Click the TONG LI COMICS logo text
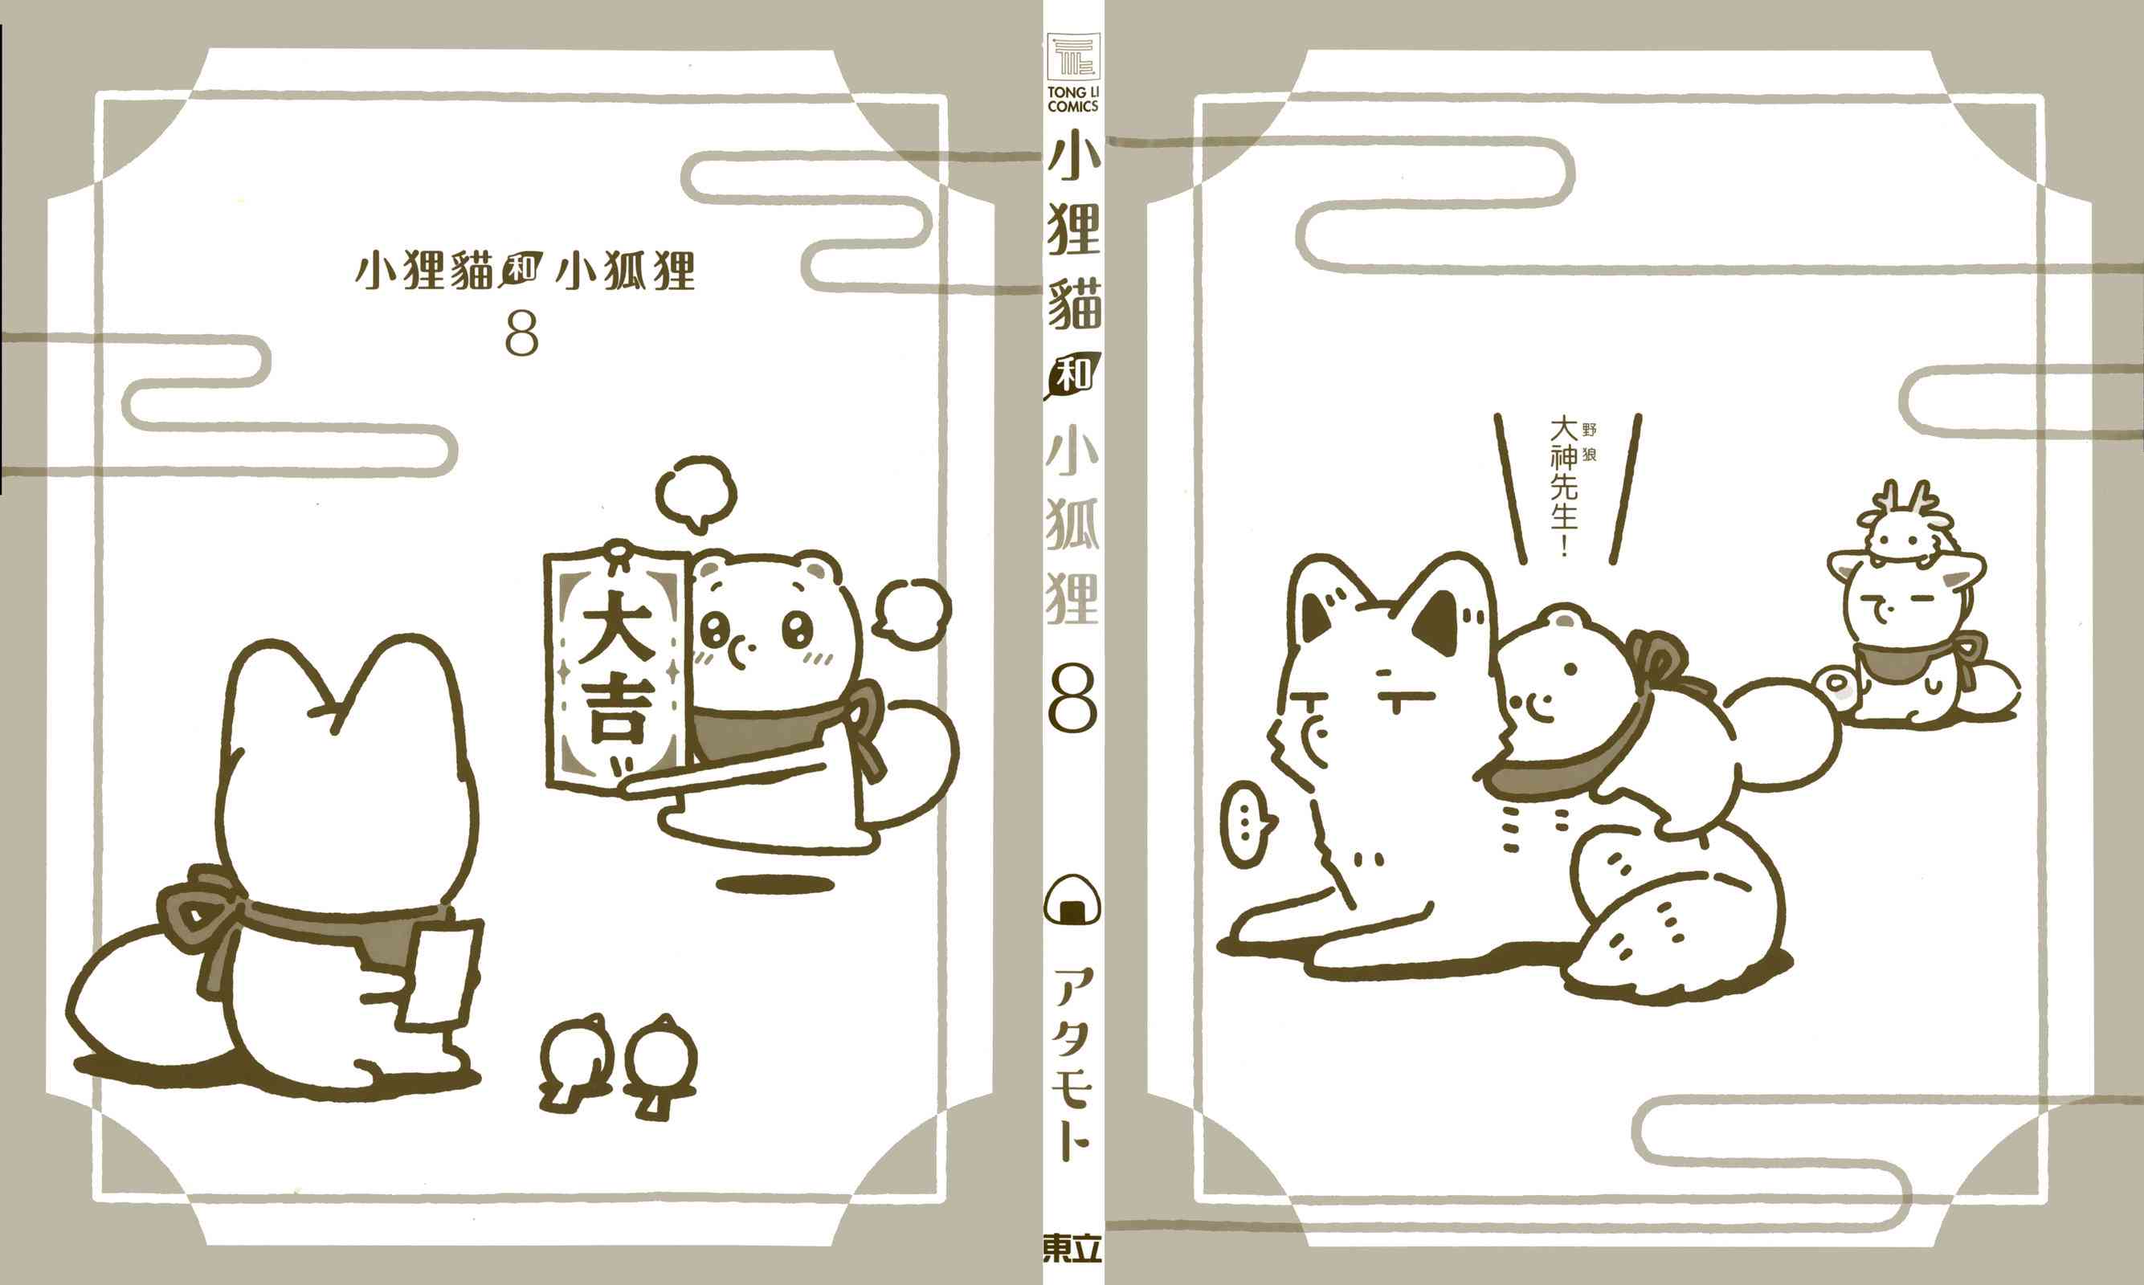1073,99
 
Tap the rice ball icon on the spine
1073,904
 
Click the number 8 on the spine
1073,698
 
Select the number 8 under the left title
521,334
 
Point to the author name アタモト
1073,1064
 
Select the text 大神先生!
1564,486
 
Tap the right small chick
660,1065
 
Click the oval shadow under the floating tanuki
776,884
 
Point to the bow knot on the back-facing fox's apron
192,909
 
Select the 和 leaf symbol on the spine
1073,377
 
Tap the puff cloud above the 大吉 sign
696,492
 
